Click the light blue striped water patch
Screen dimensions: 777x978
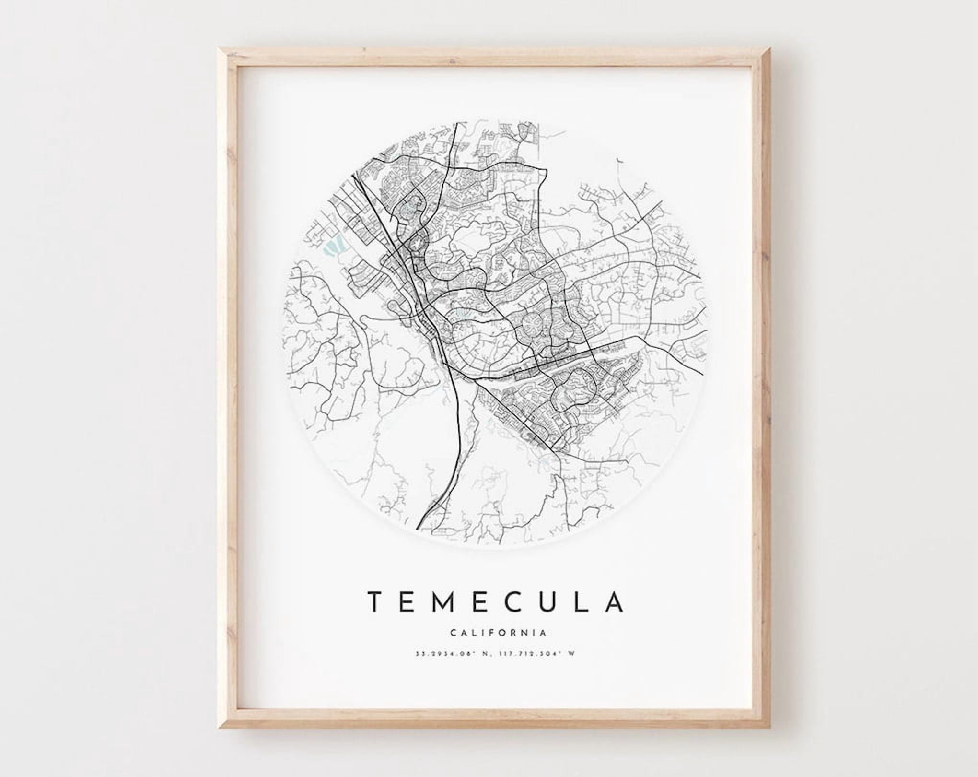click(x=331, y=247)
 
